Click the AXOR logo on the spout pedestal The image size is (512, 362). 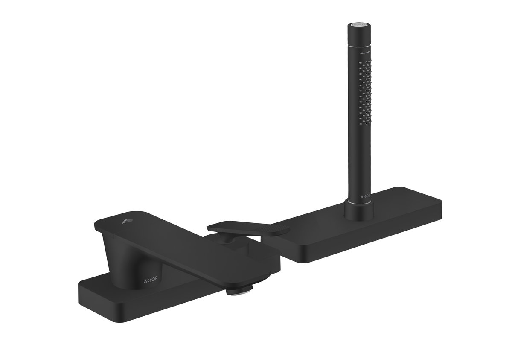pyautogui.click(x=150, y=280)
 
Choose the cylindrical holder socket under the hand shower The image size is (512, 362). pyautogui.click(x=358, y=212)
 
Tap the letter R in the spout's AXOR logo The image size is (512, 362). pyautogui.click(x=156, y=280)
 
